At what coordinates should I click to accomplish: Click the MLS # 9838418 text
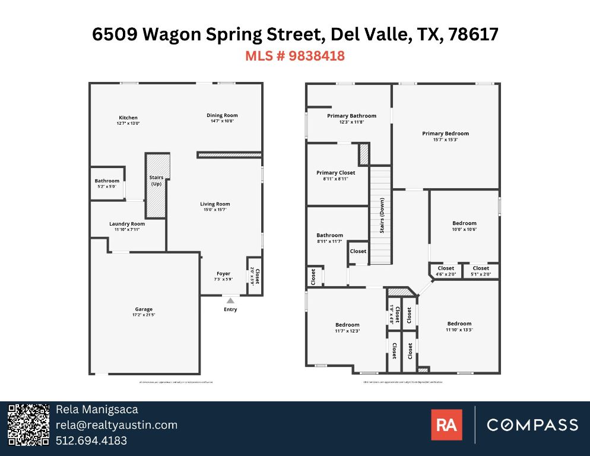[x=295, y=56]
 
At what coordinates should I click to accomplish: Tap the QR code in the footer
[x=28, y=425]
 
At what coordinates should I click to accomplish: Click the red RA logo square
[x=446, y=425]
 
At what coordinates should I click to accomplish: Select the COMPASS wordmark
[x=532, y=425]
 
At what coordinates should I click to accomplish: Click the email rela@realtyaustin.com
[x=116, y=425]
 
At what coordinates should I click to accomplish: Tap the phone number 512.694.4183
[x=91, y=441]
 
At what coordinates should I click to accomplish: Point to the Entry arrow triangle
[x=230, y=300]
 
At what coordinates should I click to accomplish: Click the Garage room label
[x=144, y=309]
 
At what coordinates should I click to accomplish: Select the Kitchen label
[x=128, y=118]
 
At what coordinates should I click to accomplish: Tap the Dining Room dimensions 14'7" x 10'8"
[x=222, y=121]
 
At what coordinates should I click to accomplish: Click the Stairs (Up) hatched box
[x=157, y=184]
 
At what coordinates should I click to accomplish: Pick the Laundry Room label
[x=127, y=224]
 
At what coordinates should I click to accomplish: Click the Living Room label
[x=215, y=204]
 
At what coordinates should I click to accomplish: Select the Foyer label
[x=223, y=274]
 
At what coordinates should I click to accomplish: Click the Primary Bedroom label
[x=445, y=134]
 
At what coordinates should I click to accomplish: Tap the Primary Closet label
[x=335, y=173]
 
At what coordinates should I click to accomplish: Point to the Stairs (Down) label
[x=382, y=217]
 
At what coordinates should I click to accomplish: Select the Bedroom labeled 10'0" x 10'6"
[x=464, y=223]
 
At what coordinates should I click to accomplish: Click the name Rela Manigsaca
[x=97, y=410]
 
